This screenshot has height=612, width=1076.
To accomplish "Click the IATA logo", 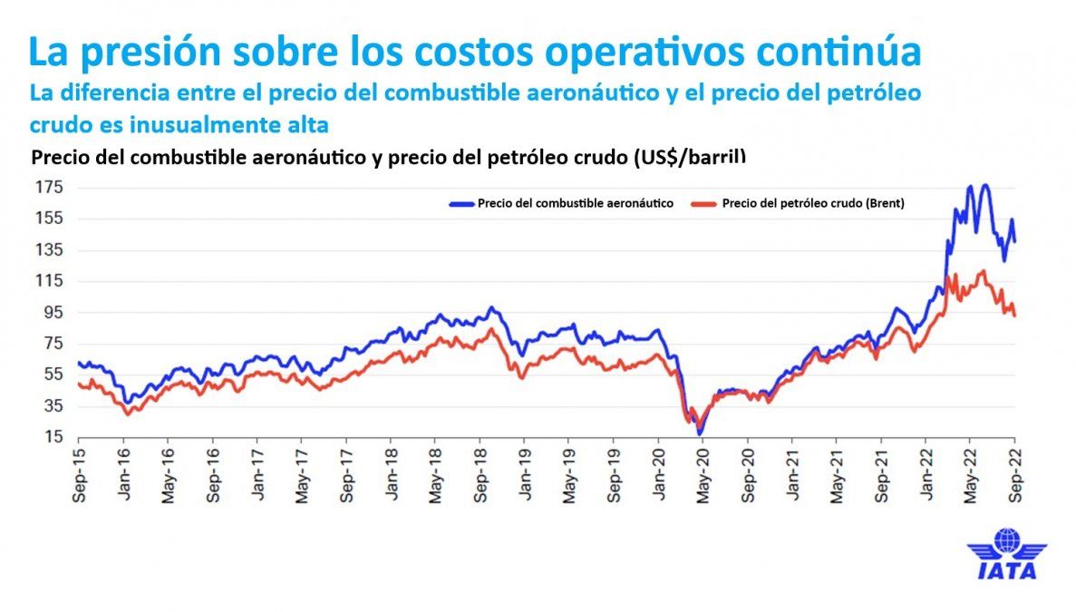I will point(1006,554).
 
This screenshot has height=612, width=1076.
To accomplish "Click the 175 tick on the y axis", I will point(51,188).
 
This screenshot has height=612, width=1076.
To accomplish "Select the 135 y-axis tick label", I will point(51,249).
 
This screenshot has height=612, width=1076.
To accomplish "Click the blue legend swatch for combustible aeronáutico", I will point(460,204).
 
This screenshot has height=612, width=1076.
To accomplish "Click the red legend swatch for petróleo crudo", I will point(704,204).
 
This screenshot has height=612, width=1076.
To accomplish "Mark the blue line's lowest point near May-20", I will point(700,434).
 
